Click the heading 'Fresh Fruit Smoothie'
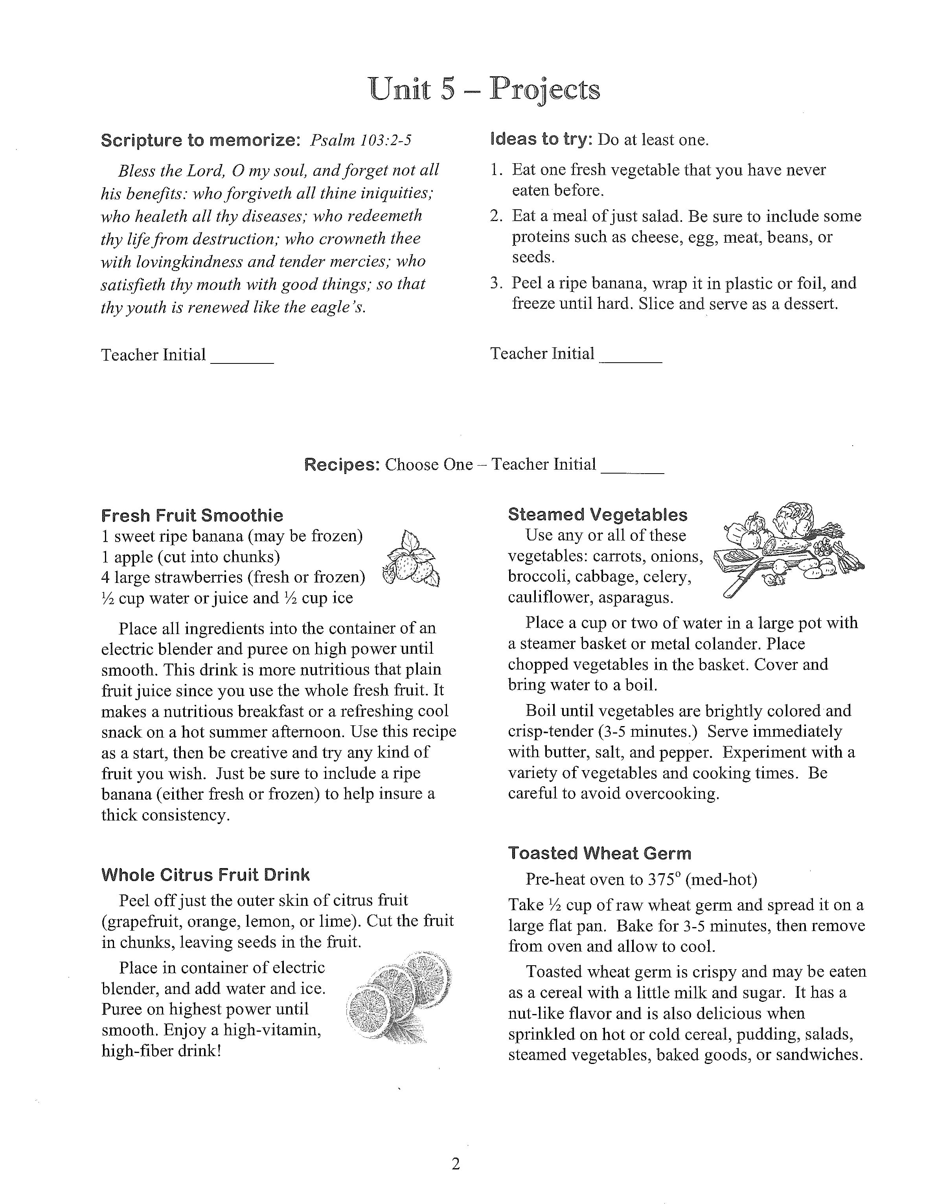pyautogui.click(x=192, y=516)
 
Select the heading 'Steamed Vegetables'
pyautogui.click(x=598, y=514)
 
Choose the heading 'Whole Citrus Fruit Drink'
pyautogui.click(x=205, y=875)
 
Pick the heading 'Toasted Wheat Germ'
pyautogui.click(x=599, y=854)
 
